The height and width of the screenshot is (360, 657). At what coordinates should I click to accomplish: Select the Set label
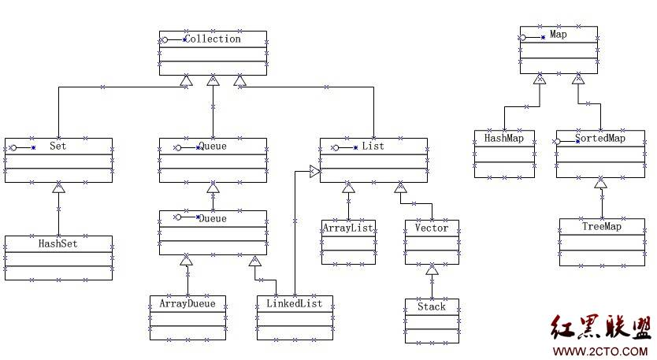pos(58,147)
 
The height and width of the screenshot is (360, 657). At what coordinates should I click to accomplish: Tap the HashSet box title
pos(58,243)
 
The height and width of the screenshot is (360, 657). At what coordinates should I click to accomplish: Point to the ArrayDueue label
pos(187,303)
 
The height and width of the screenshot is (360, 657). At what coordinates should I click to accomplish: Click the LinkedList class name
pos(295,303)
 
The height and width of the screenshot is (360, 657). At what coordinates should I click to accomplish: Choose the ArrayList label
pos(347,228)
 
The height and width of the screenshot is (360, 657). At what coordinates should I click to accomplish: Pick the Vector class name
pos(431,228)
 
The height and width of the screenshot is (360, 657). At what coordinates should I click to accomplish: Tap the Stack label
pos(431,306)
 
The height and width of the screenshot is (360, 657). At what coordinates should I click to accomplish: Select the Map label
pos(559,35)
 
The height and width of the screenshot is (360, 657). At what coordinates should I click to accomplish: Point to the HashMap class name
pos(504,138)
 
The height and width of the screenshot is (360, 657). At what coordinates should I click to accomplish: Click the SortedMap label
pos(600,139)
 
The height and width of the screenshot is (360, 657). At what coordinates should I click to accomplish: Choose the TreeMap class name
pos(602,227)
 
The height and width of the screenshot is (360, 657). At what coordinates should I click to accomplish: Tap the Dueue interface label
pos(213,218)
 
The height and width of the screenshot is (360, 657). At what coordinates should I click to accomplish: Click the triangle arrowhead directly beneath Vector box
pos(432,270)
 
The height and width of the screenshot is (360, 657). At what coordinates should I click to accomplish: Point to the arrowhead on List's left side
pos(314,171)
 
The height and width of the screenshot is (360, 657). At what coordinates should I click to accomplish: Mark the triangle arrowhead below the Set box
pos(58,188)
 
